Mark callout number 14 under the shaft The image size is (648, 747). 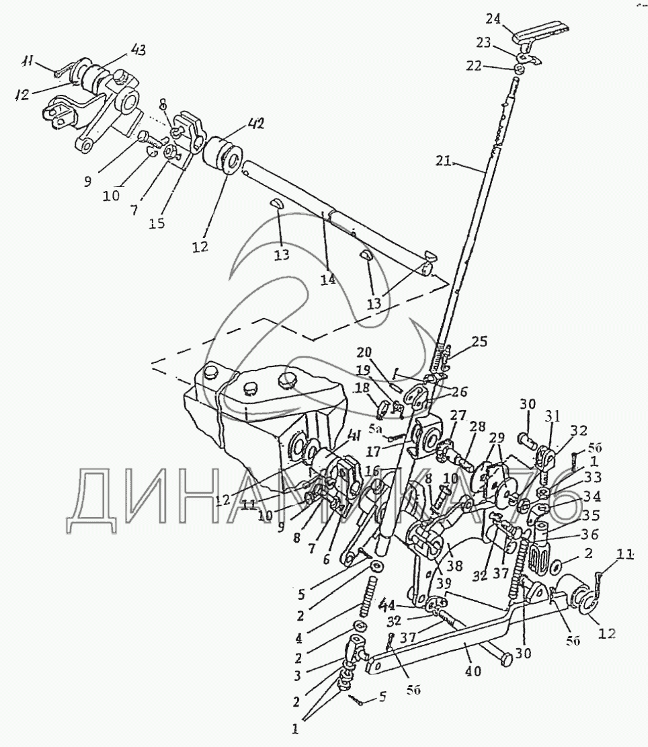pyautogui.click(x=327, y=278)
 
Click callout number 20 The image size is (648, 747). pyautogui.click(x=364, y=352)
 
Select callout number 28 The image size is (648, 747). pyautogui.click(x=477, y=428)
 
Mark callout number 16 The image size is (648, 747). pyautogui.click(x=372, y=470)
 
